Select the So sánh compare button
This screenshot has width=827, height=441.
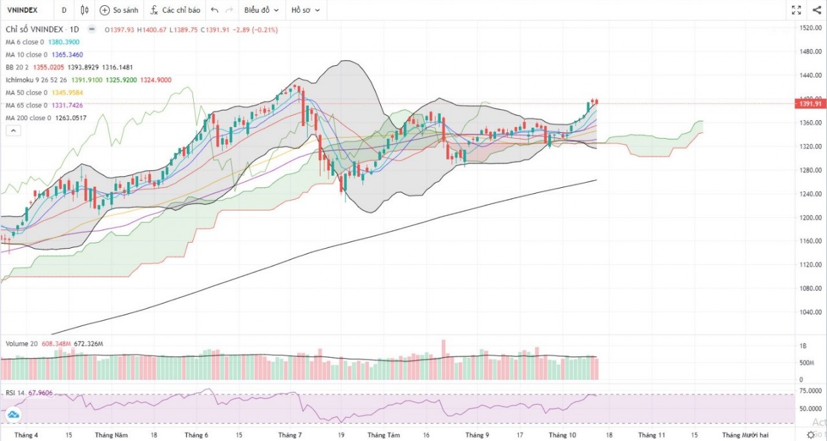tap(119, 10)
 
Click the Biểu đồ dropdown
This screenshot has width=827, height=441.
tap(261, 10)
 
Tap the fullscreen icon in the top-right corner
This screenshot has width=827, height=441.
tap(797, 10)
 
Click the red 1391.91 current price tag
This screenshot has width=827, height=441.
tap(810, 104)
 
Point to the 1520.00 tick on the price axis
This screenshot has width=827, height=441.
tap(810, 28)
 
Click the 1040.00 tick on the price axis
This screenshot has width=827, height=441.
tap(810, 312)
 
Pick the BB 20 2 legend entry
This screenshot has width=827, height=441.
tap(22, 67)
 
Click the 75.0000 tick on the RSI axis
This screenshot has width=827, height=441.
tap(810, 391)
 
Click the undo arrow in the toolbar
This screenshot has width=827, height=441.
tap(215, 10)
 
